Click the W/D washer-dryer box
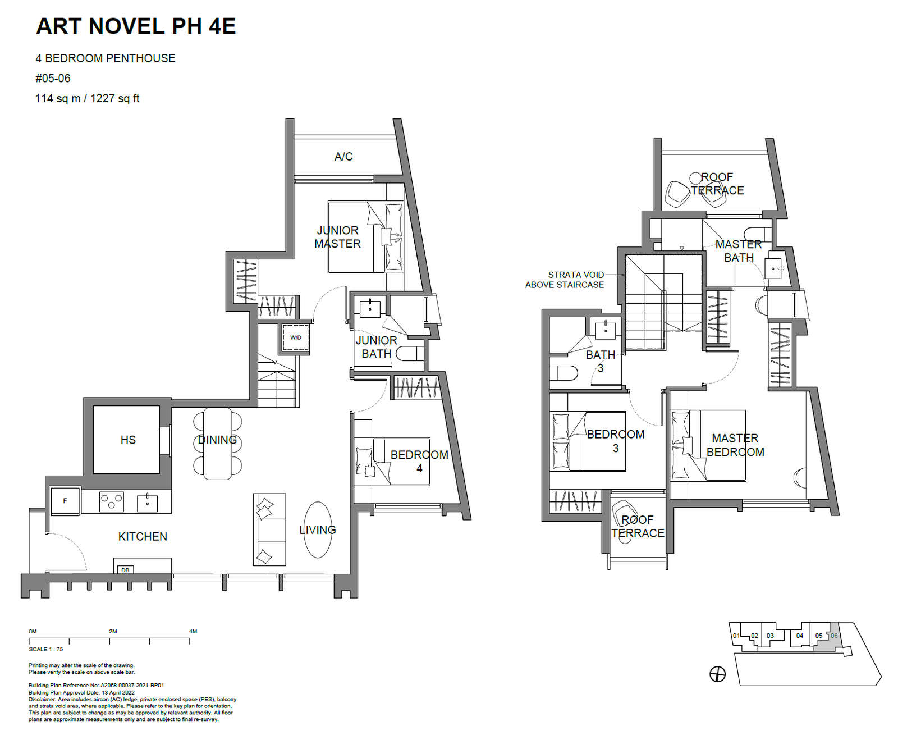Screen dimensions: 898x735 (296, 337)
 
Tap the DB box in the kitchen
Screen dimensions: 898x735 (125, 570)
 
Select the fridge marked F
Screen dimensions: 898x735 (65, 501)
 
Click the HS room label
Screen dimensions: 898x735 (128, 440)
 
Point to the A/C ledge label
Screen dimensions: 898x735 (343, 157)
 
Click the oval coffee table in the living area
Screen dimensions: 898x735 (318, 529)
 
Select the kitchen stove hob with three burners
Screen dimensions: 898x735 (112, 501)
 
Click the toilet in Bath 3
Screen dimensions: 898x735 (563, 373)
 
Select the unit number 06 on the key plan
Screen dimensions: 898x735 (833, 636)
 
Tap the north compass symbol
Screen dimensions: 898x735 (717, 674)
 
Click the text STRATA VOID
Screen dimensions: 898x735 (576, 275)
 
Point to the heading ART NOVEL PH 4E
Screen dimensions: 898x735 (136, 26)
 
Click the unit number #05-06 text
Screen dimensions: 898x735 (53, 79)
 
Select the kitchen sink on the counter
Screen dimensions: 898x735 (147, 503)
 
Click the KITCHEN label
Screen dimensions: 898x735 (143, 536)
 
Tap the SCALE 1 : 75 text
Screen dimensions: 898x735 (46, 649)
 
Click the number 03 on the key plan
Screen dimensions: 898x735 (770, 636)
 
